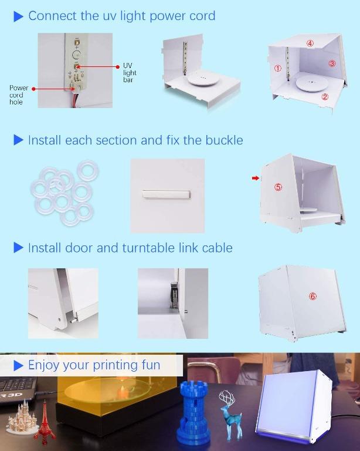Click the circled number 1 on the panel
click(x=278, y=68)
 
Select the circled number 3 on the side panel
click(x=331, y=63)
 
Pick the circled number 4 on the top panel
click(x=310, y=43)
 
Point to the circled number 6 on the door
click(x=313, y=297)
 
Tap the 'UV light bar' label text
click(x=130, y=73)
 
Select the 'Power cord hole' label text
click(x=18, y=95)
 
